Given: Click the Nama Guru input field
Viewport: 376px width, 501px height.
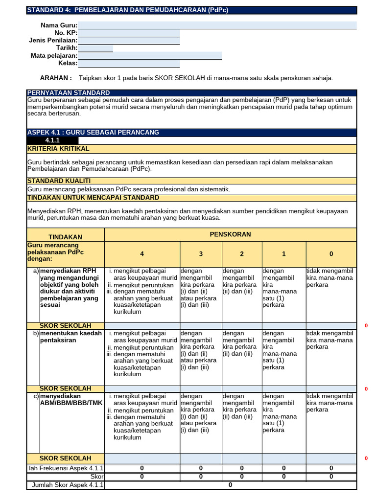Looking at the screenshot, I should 217,25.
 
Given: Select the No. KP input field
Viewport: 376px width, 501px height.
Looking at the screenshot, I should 129,33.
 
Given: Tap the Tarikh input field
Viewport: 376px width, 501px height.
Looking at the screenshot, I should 95,48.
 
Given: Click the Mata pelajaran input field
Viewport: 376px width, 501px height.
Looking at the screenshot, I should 150,56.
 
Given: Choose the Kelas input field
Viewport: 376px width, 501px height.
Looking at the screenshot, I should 129,64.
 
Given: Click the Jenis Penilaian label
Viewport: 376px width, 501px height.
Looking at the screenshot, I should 53,40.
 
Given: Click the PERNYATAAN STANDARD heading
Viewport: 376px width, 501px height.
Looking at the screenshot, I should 69,93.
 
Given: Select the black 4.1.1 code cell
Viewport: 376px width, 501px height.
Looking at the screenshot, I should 52,140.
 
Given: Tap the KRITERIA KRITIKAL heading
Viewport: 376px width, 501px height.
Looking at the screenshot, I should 58,149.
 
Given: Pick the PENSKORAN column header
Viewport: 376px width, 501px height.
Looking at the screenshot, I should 230,234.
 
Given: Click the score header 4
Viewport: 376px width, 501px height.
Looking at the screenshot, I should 142,254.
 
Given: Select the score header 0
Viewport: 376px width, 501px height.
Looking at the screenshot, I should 331,254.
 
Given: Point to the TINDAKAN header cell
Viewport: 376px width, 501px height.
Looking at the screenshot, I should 66,237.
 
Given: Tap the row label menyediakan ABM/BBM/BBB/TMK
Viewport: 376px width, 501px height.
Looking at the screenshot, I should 71,400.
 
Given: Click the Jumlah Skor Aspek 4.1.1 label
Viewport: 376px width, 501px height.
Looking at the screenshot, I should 68,485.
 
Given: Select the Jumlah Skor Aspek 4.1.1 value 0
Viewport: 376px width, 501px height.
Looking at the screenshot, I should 230,485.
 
